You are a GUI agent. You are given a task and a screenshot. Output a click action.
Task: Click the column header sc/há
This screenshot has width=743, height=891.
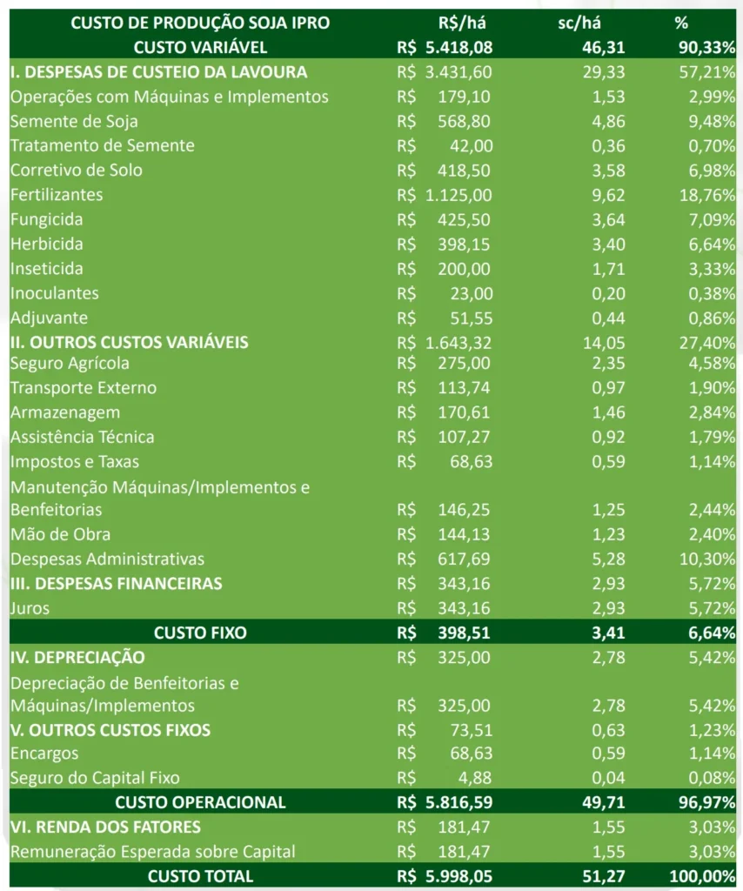579,23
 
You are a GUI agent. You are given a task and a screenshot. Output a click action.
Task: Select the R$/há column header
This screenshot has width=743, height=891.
462,23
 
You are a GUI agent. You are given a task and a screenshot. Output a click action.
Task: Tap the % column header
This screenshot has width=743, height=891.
681,23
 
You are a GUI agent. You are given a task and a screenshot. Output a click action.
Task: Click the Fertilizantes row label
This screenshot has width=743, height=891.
57,195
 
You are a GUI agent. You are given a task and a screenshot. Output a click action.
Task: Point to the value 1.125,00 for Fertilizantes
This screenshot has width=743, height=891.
459,195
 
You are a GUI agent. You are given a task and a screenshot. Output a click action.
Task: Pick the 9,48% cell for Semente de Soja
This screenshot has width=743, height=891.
713,121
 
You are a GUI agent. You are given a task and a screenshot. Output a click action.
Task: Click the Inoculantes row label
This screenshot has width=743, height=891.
55,293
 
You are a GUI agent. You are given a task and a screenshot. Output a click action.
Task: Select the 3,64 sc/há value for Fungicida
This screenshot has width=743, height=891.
608,219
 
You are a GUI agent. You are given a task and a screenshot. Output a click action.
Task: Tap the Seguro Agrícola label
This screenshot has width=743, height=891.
70,364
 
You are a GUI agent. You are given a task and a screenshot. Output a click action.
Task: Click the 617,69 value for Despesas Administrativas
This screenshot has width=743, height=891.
464,559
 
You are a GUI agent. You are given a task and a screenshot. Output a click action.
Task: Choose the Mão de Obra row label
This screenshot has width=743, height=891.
60,534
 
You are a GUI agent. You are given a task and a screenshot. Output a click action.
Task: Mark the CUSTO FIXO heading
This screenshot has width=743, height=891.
200,633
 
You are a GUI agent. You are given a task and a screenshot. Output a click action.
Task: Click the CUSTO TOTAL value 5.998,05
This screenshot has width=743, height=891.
459,876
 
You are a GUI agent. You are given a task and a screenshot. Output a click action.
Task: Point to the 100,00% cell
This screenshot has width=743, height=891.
703,876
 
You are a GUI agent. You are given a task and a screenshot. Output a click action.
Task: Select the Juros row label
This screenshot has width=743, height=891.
30,608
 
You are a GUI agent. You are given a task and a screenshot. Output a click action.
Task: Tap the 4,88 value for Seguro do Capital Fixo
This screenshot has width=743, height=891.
474,777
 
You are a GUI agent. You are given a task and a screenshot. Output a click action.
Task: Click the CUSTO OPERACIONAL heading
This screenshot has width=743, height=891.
200,801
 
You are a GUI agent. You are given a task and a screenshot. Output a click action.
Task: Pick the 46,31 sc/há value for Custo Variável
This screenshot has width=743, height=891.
603,47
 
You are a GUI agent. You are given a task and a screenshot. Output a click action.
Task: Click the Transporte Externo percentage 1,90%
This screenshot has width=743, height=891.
713,387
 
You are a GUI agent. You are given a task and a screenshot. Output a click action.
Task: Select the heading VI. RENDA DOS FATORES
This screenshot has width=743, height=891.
105,827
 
